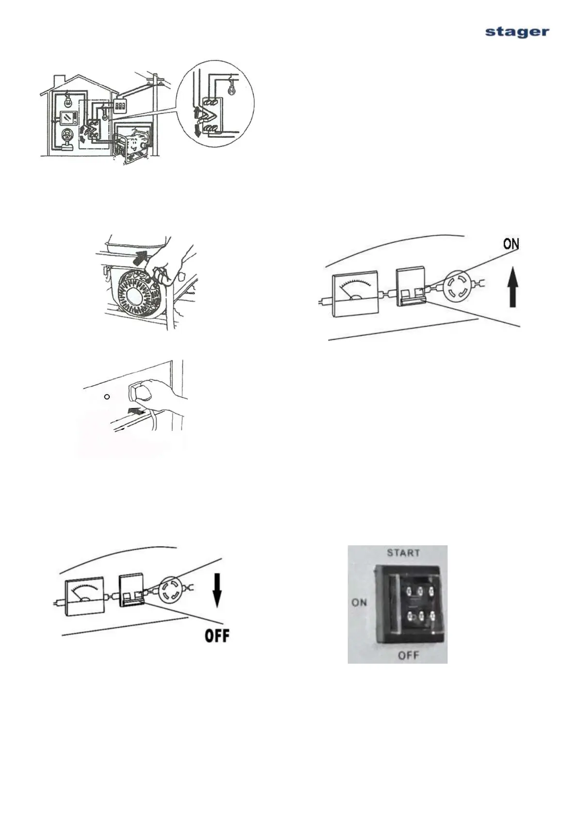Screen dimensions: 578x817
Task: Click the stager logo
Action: click(517, 32)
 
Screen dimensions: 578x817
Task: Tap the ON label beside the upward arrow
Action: click(511, 244)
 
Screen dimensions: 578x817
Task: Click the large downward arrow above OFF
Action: click(217, 591)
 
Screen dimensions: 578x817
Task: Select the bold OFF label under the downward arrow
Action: click(216, 636)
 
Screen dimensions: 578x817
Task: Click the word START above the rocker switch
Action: click(403, 553)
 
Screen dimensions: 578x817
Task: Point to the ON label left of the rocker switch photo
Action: click(359, 603)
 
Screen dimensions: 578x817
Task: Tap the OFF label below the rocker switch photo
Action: click(408, 655)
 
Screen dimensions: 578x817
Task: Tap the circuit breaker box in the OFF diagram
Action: click(132, 589)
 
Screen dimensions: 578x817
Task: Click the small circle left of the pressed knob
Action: click(108, 396)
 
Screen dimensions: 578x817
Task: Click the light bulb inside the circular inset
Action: click(231, 90)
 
